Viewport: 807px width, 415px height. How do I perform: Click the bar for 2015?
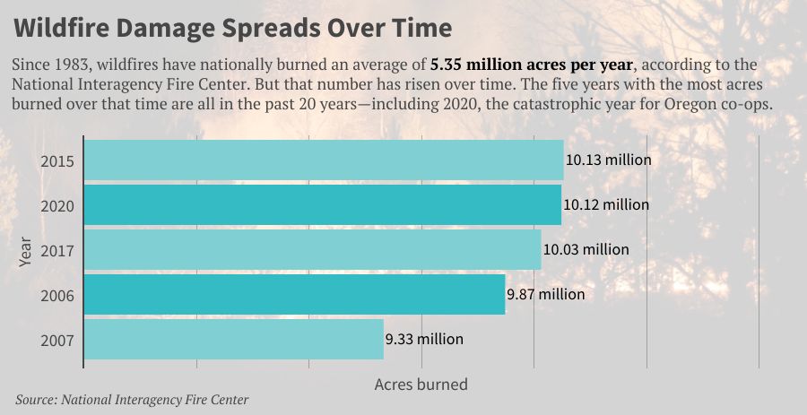pos(324,161)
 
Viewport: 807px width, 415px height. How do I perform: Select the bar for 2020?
pos(323,205)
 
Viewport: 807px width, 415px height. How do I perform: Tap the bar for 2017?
pos(313,249)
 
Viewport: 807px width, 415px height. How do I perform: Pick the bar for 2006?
pos(295,294)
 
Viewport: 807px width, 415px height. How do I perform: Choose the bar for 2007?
pos(234,339)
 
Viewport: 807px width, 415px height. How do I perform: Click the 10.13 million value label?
pos(608,161)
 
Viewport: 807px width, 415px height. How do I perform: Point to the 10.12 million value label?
pos(606,205)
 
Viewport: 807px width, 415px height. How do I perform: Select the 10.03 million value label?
pos(586,249)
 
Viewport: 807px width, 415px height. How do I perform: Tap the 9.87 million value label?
pos(545,294)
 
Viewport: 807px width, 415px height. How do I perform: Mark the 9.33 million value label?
pos(424,339)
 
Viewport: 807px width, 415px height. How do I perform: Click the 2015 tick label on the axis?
pos(57,162)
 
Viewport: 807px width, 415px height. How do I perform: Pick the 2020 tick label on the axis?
pos(57,206)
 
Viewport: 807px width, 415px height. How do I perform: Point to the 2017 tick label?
pos(57,250)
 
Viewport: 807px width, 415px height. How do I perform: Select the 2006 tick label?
pos(57,295)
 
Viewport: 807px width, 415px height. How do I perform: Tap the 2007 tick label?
pos(57,340)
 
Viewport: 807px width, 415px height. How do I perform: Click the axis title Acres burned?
pos(421,385)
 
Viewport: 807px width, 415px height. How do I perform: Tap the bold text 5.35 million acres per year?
pos(531,65)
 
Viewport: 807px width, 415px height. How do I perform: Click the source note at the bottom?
pos(132,400)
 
